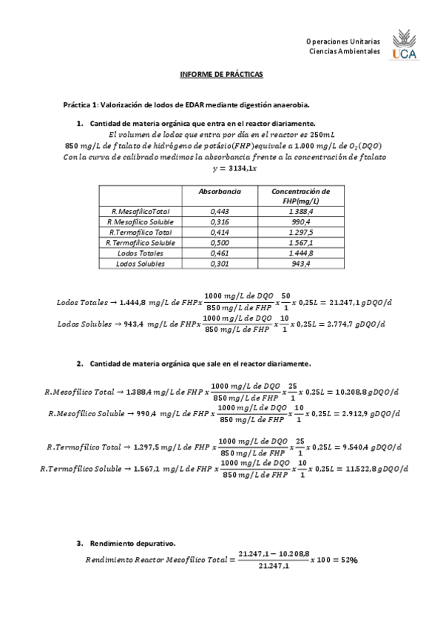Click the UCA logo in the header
[404, 45]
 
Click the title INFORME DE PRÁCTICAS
[221, 76]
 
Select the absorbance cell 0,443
[220, 211]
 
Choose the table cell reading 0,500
[220, 242]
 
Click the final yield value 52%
[348, 560]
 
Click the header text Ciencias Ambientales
[345, 52]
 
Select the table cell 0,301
[220, 263]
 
